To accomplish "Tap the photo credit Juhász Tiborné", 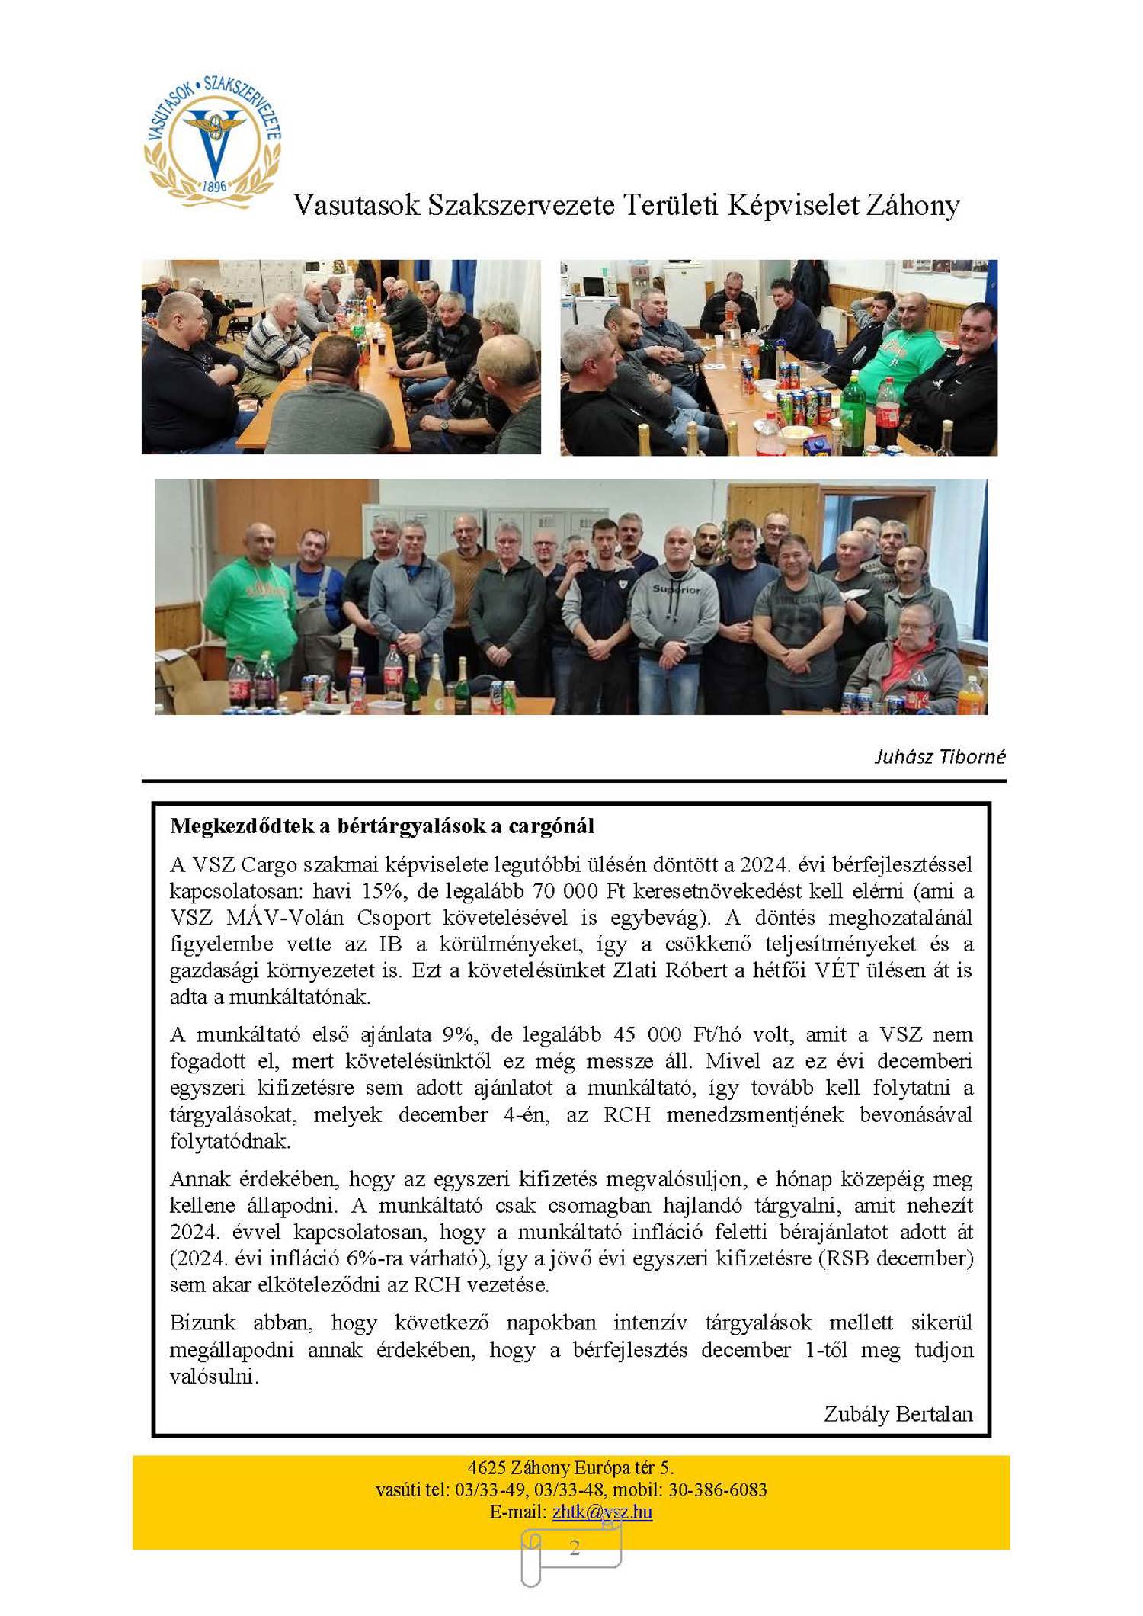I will pos(940,756).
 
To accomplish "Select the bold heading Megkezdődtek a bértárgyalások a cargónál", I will pos(382,826).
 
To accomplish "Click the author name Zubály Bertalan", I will pos(898,1414).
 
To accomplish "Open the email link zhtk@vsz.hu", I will pos(602,1512).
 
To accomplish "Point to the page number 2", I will pos(575,1547).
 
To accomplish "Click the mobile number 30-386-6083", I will pos(717,1489).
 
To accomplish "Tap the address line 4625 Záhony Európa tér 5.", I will pos(571,1467).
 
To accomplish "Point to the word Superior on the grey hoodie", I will pos(676,589).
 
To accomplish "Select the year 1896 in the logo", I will pos(215,186).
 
